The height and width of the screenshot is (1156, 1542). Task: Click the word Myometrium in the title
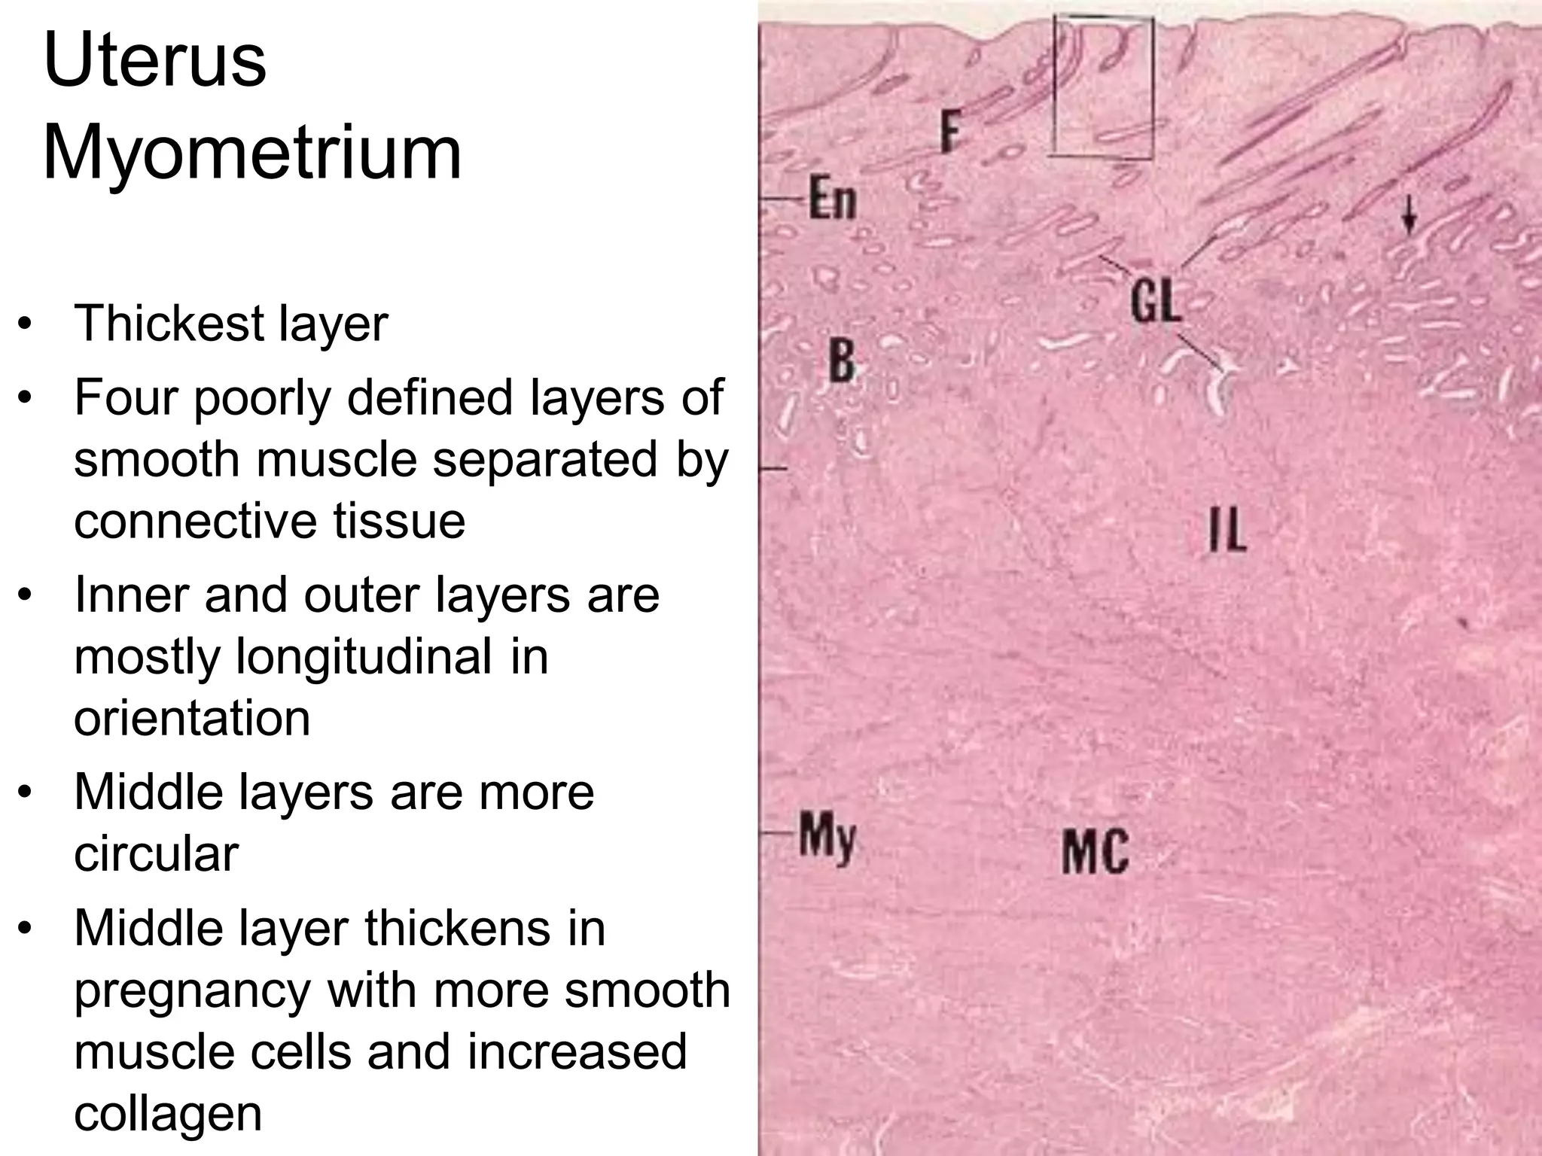[x=252, y=154]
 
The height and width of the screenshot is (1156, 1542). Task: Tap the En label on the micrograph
[x=833, y=199]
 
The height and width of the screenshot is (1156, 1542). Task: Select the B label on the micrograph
[x=843, y=360]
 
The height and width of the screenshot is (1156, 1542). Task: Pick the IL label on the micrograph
[x=1227, y=530]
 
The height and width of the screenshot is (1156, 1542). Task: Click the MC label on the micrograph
[x=1096, y=851]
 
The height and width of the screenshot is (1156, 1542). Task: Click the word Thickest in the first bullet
[x=166, y=324]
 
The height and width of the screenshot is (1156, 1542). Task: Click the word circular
[x=156, y=854]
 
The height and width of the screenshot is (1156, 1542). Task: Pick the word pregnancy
[x=192, y=991]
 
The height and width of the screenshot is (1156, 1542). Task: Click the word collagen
[x=167, y=1113]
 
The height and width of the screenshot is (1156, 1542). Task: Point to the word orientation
[x=192, y=718]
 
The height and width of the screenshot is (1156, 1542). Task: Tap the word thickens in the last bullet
[x=486, y=929]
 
